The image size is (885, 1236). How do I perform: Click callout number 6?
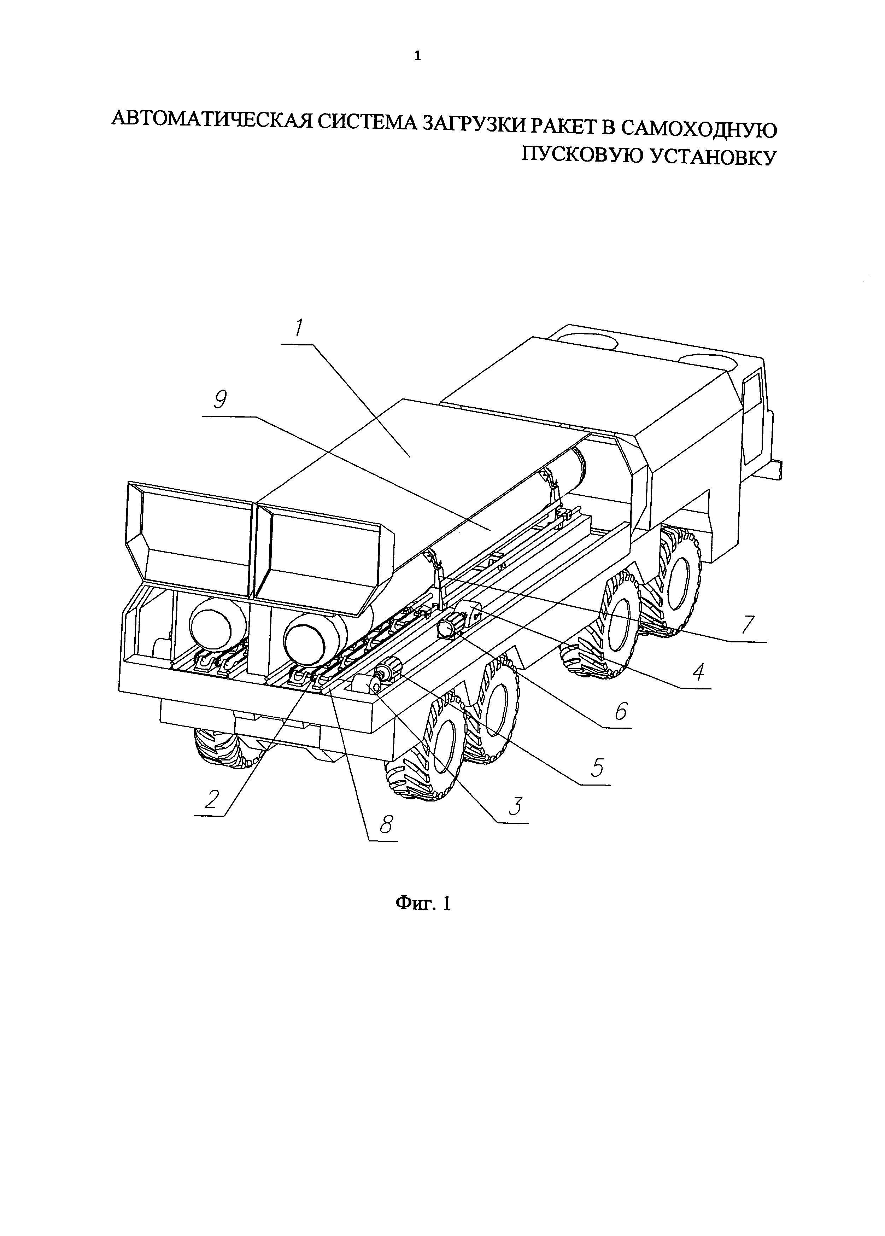621,712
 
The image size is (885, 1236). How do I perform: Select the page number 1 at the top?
417,56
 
